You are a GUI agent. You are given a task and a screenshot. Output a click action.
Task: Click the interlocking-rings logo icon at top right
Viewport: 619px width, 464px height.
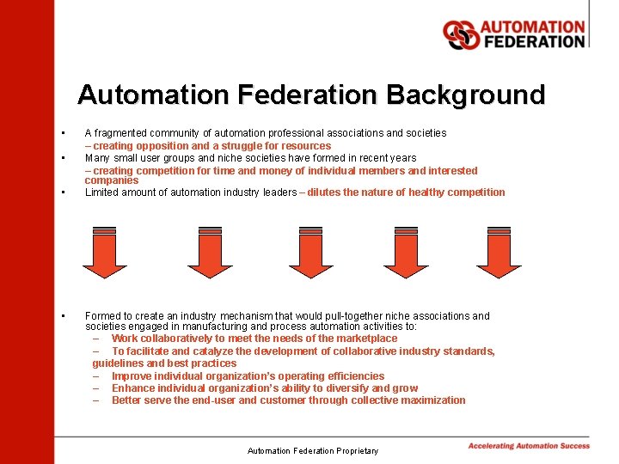[460, 34]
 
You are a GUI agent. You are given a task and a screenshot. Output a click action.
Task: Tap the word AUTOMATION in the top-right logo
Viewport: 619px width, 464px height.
[532, 27]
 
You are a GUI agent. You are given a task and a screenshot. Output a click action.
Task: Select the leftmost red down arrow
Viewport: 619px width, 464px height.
[104, 253]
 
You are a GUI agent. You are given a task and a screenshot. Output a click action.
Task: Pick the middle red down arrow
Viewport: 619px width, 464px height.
[311, 253]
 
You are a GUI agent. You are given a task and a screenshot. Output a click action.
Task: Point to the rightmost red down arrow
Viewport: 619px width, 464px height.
[499, 253]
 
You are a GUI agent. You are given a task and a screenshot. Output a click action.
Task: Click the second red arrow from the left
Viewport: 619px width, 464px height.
[210, 253]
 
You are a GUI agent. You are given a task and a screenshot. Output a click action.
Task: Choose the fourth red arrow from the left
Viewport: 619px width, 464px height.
[406, 253]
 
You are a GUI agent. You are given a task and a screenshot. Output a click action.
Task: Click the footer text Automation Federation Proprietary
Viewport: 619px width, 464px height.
[312, 450]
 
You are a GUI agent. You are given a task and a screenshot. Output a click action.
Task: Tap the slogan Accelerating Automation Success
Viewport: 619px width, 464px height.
[529, 445]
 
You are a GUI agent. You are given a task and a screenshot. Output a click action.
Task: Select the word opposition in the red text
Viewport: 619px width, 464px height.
[164, 146]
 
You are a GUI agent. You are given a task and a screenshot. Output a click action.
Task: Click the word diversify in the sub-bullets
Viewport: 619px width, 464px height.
[347, 388]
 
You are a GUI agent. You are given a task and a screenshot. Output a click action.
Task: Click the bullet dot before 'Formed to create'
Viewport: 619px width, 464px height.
[63, 316]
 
